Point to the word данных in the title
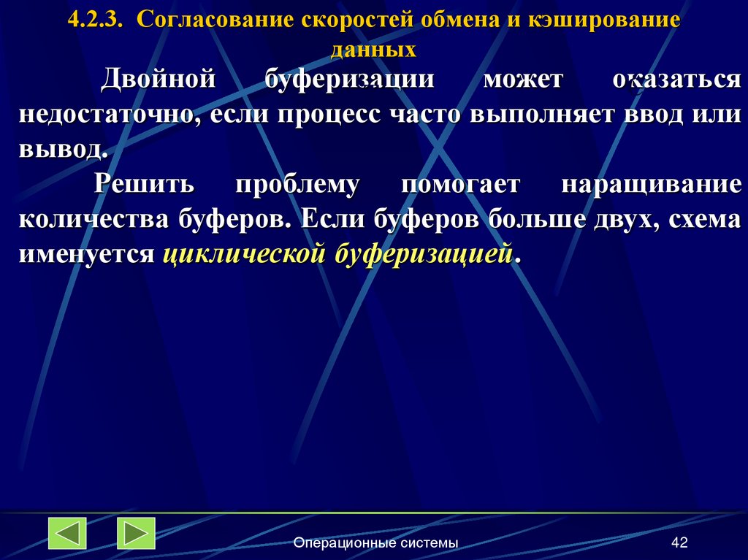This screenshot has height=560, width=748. (373, 50)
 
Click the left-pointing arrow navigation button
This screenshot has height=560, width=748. (67, 533)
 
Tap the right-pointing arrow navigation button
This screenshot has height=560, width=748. (136, 533)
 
